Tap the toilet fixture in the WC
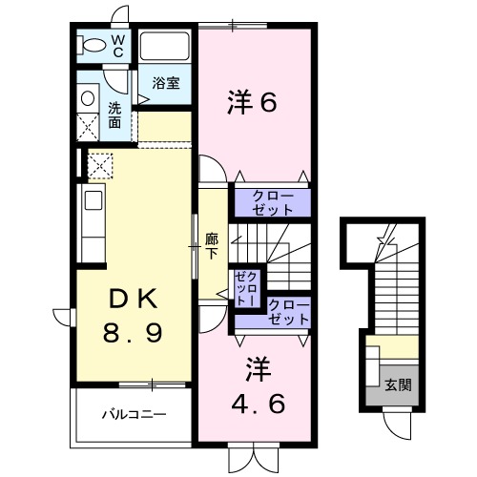[93, 45]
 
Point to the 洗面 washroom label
[114, 114]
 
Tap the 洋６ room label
[252, 102]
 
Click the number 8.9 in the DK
[133, 335]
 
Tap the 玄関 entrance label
[399, 386]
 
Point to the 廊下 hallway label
[213, 246]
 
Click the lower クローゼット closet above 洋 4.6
[289, 312]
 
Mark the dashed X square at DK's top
[100, 164]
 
